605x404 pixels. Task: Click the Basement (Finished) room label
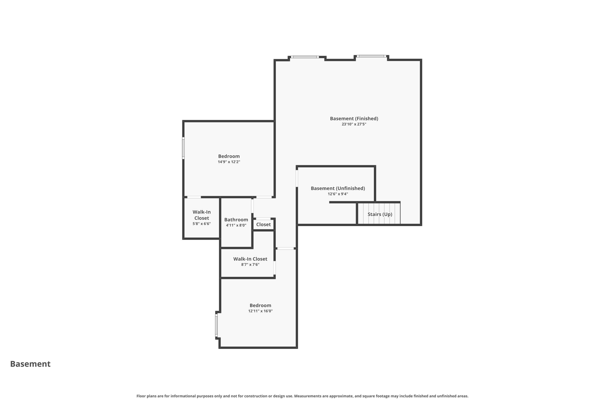click(354, 118)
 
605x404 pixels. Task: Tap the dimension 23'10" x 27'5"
click(354, 124)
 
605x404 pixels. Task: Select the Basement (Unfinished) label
click(338, 188)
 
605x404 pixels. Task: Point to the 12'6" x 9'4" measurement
click(338, 194)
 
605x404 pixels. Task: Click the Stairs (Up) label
click(380, 214)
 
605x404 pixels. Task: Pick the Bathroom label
click(236, 220)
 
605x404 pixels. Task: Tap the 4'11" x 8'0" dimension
click(236, 225)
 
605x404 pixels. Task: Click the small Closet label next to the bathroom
click(263, 225)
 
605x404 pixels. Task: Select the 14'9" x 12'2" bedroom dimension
click(229, 162)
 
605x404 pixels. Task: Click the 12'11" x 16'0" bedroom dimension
click(260, 311)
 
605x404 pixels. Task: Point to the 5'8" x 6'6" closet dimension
click(201, 224)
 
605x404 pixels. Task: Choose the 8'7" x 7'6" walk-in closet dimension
click(250, 265)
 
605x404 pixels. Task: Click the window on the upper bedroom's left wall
click(183, 148)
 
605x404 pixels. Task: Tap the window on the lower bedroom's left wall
click(216, 325)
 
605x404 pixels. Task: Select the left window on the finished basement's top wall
click(305, 57)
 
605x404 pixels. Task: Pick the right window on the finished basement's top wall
click(372, 56)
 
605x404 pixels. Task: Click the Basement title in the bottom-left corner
click(30, 364)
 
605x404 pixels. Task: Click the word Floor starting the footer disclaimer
click(141, 396)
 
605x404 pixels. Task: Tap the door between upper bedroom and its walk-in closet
click(194, 197)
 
